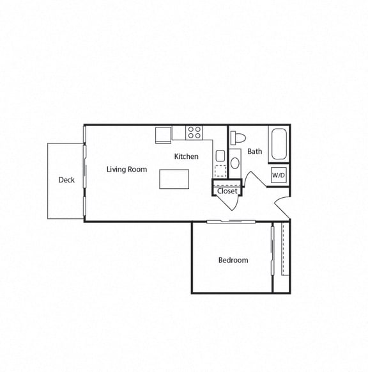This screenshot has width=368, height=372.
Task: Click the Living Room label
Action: [126, 170]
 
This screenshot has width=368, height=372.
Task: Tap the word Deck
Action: [66, 180]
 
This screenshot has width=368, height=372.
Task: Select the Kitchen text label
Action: [186, 156]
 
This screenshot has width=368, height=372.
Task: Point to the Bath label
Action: [254, 152]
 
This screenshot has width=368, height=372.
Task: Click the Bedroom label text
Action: [233, 260]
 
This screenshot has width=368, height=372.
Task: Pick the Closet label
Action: [227, 191]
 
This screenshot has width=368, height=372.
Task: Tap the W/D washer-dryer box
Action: [279, 175]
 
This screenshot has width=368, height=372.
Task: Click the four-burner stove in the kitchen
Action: [195, 133]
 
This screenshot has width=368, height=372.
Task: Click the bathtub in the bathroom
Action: [279, 145]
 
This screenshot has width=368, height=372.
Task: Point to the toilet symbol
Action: [238, 137]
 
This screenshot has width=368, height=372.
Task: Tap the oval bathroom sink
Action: [234, 162]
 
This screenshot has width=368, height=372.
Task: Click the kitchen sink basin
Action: [220, 156]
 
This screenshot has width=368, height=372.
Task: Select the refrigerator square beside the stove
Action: [163, 135]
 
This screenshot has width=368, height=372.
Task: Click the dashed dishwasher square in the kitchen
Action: [220, 171]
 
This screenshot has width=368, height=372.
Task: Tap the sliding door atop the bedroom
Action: [231, 222]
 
